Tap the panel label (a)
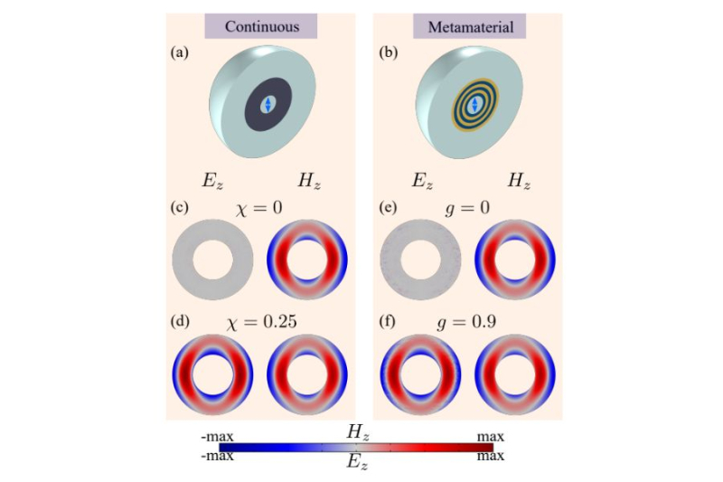point(180,53)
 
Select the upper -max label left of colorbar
point(217,438)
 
